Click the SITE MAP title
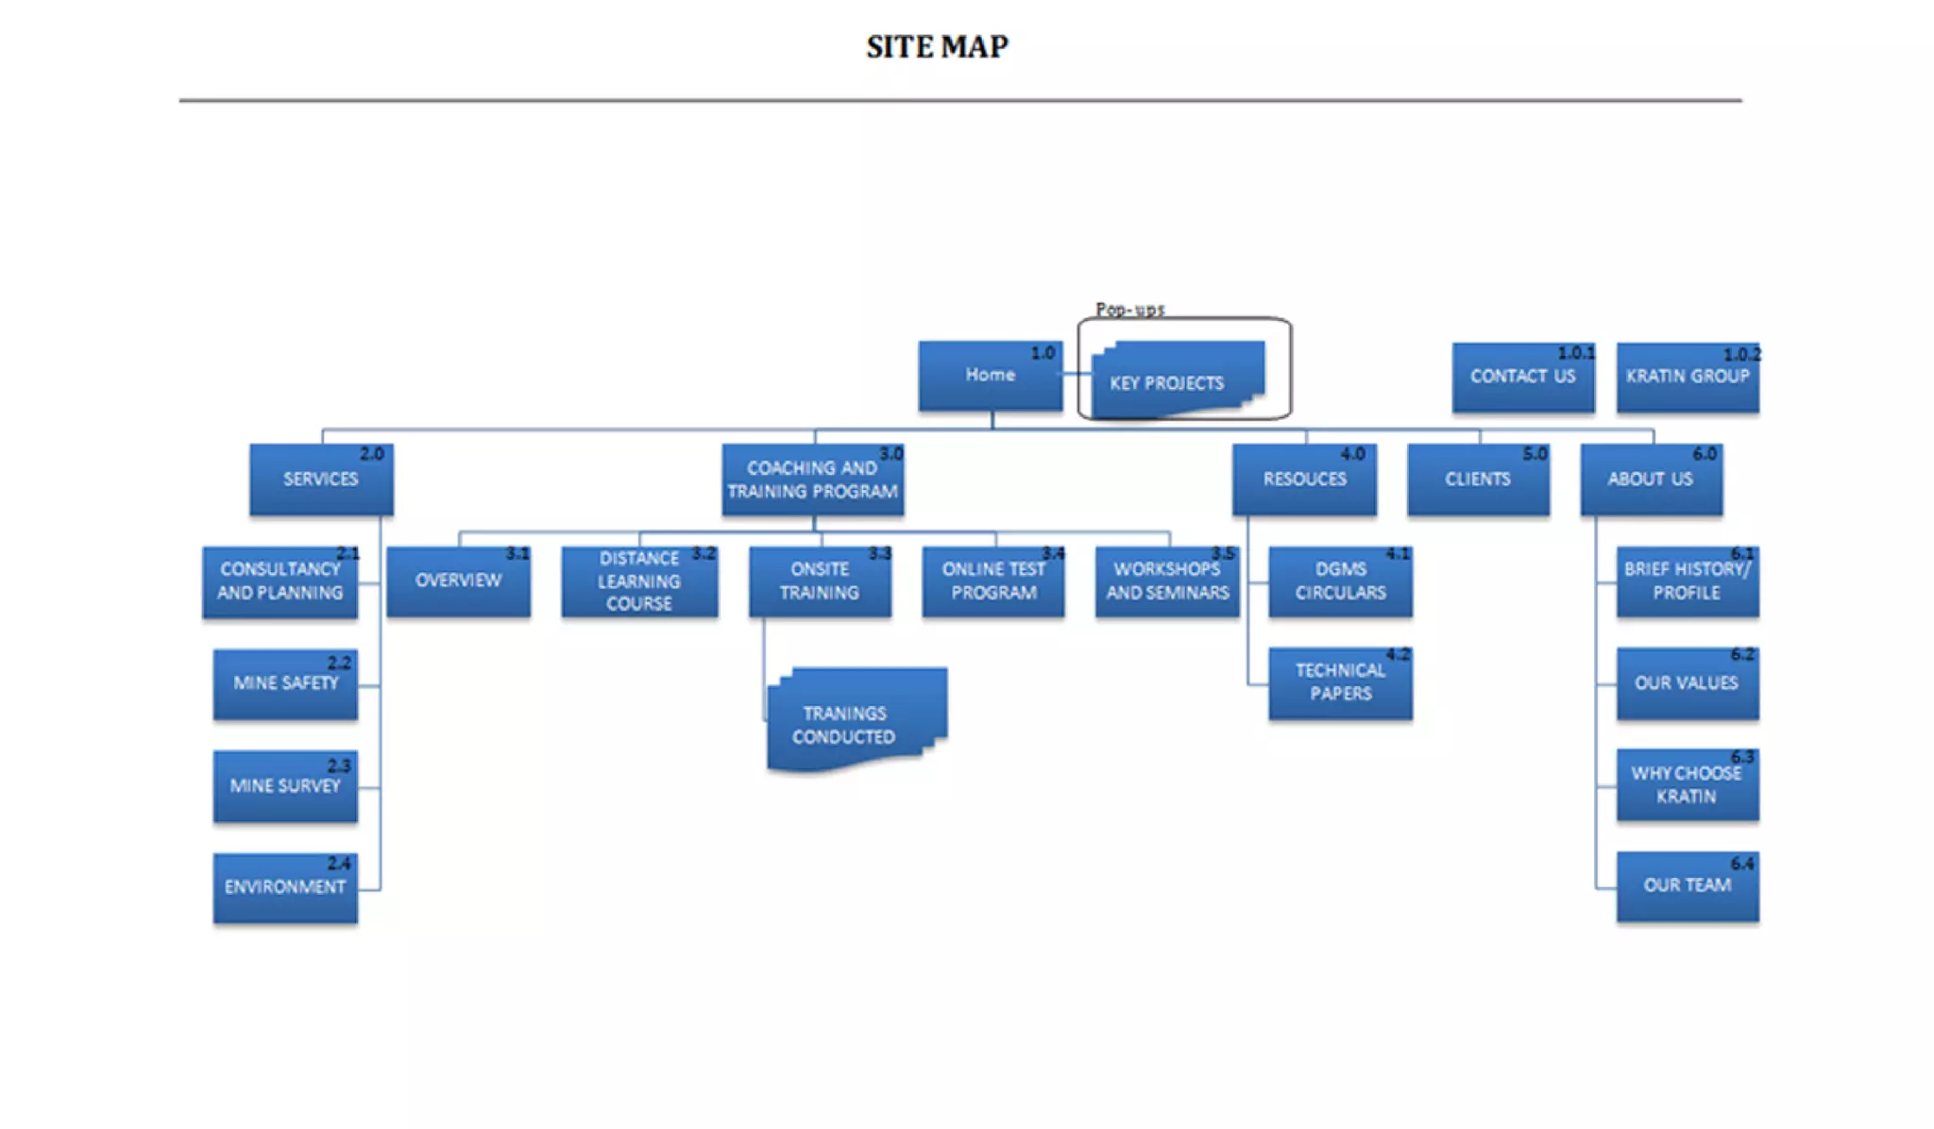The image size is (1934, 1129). coord(937,46)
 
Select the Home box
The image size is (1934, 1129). coord(990,376)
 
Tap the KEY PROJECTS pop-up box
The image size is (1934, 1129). coord(1177,379)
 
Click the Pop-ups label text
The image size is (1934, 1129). coord(1129,309)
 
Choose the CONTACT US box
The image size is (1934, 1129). coord(1523,377)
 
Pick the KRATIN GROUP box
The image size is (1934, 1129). coord(1688,377)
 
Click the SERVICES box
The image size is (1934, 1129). coord(321,480)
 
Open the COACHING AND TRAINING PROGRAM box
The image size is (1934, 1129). coord(812,480)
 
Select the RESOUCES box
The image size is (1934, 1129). coord(1304,480)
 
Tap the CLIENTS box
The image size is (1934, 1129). coord(1478,480)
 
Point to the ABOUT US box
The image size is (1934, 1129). coord(1651,480)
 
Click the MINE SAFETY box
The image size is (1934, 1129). coord(285,684)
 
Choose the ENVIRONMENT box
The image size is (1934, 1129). coord(285,888)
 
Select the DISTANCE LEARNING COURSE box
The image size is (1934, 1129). coord(639,581)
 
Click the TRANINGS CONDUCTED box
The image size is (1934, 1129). coord(857,720)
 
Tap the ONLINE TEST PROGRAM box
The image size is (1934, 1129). coord(993,581)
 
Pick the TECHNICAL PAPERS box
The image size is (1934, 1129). coord(1340,683)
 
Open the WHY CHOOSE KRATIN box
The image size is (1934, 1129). coord(1688,785)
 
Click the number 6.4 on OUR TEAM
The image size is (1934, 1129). coord(1742,864)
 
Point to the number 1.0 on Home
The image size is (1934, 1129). coord(1043,353)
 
